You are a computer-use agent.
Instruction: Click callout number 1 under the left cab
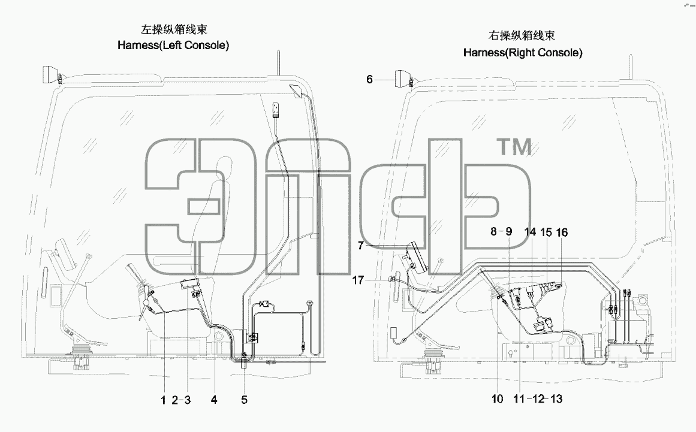[x=163, y=400]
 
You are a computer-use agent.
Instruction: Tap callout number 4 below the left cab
[x=214, y=400]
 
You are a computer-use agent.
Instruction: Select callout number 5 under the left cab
[x=244, y=400]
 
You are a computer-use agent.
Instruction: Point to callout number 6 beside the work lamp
[x=369, y=80]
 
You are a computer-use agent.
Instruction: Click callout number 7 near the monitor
[x=360, y=245]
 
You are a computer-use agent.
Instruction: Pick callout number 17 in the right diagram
[x=358, y=280]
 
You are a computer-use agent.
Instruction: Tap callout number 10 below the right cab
[x=497, y=398]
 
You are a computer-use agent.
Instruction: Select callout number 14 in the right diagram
[x=530, y=232]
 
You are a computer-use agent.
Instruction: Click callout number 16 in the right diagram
[x=562, y=232]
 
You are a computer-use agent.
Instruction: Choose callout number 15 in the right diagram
[x=546, y=232]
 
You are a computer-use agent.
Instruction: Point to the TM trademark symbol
[x=514, y=147]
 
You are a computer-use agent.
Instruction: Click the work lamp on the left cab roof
[x=52, y=74]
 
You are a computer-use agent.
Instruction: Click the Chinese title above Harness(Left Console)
[x=174, y=29]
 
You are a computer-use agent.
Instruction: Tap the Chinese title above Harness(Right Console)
[x=522, y=35]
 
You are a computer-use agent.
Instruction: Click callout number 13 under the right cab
[x=556, y=398]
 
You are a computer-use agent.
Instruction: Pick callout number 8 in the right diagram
[x=493, y=231]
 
